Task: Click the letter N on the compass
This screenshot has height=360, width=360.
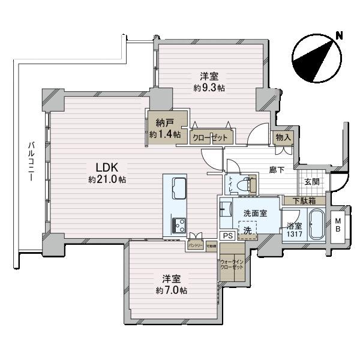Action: [339, 34]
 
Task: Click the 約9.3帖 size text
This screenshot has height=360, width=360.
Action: [209, 88]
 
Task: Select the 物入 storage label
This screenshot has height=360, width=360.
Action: [283, 137]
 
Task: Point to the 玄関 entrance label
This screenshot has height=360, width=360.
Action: [311, 182]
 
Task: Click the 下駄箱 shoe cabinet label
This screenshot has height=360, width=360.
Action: [305, 201]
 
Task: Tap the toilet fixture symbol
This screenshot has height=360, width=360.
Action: [248, 185]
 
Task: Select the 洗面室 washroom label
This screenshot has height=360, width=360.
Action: [255, 213]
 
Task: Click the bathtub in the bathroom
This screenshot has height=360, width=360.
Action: [316, 226]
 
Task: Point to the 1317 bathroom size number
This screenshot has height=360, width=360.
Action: [294, 235]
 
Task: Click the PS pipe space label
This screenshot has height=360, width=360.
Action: [227, 236]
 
